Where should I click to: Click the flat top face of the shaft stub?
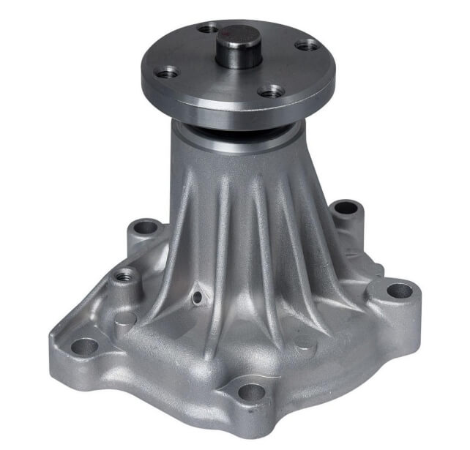coord(239,32)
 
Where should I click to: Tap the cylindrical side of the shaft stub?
coord(239,53)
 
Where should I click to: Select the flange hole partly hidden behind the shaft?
coord(209,29)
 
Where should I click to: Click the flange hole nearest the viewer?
coord(272,91)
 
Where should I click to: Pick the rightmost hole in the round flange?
coord(308,45)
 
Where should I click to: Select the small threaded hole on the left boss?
coord(125,276)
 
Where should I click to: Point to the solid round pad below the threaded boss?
coord(124,319)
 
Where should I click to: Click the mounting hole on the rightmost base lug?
coord(399,290)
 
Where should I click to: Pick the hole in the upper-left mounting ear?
coord(147,227)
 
